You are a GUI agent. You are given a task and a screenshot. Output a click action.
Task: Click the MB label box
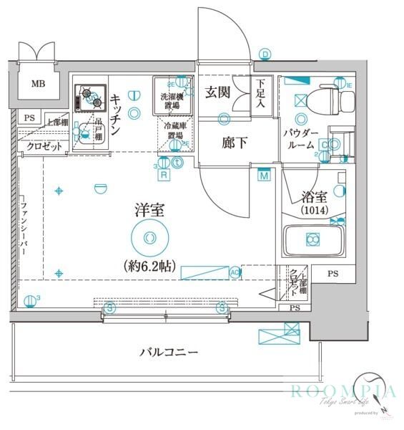pos(36,82)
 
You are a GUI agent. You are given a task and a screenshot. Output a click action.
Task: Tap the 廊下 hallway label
pos(233,143)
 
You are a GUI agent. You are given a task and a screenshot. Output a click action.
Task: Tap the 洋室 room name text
pos(149,211)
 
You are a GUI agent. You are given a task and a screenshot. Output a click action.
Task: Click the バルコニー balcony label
pos(169,352)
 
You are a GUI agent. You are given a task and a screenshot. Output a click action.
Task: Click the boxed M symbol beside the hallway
pos(264,176)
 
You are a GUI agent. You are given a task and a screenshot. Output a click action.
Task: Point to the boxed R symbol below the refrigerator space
pos(164,174)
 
